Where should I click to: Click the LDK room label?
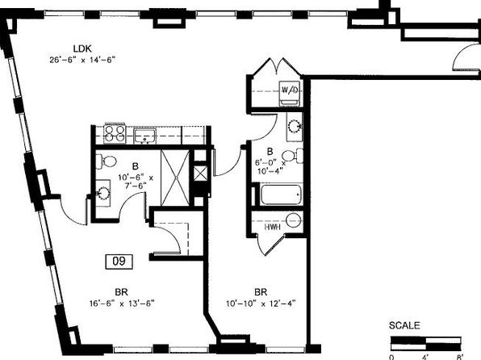pos(82,48)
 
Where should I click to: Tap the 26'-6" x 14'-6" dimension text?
pos(82,60)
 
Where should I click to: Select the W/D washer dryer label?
pos(290,90)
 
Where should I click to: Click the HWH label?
pos(273,227)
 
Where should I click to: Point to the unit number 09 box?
pos(119,262)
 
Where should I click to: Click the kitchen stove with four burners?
pos(115,133)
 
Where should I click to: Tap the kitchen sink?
pos(144,136)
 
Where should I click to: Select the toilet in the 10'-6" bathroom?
pos(107,161)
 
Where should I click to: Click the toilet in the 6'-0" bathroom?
pos(292,156)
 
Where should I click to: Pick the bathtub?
pos(281,195)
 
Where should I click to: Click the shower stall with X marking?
pos(175,178)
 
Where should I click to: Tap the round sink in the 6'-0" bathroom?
pos(295,126)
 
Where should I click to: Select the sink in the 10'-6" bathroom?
pos(103,193)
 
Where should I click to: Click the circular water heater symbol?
pos(293,220)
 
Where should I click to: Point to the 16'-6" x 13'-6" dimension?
pos(122,303)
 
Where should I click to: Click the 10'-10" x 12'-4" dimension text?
pos(261,303)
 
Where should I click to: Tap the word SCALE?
pos(404,325)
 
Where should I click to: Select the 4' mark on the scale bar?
pos(426,357)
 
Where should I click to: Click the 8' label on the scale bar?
pos(459,357)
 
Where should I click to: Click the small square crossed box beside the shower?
pos(201,174)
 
